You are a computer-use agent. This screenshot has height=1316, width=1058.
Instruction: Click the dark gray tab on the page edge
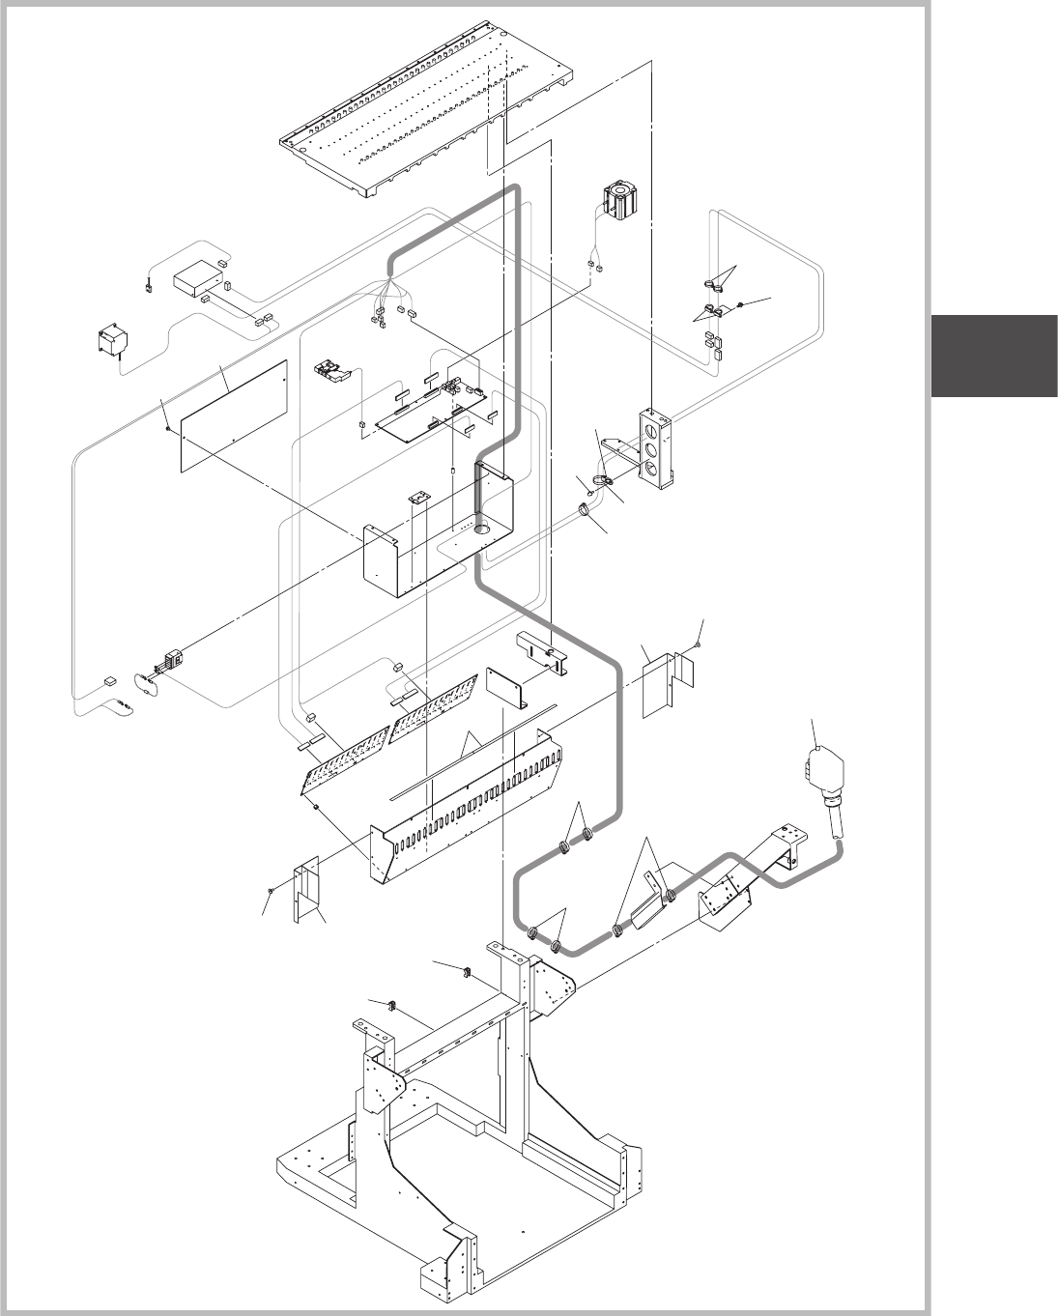pos(994,356)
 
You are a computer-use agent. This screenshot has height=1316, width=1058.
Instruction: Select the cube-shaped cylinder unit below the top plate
pos(615,200)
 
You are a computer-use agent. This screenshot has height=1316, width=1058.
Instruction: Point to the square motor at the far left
pos(113,343)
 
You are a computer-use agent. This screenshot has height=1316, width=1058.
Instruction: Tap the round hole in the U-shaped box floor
pos(482,529)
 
